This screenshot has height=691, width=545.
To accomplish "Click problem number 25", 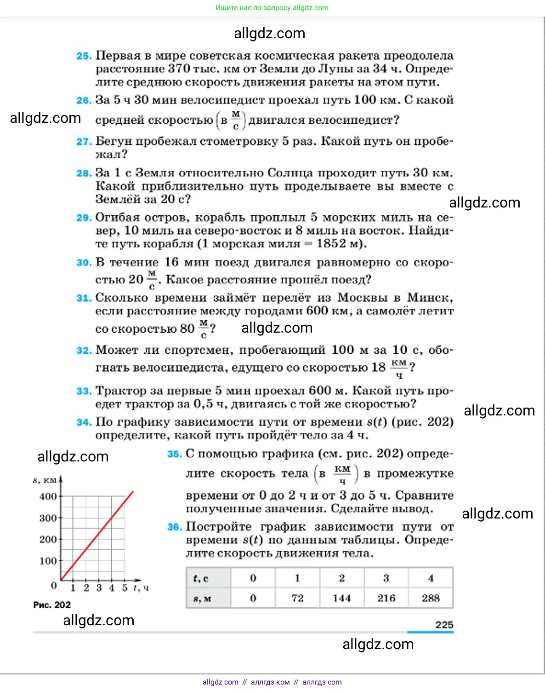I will tap(84, 56).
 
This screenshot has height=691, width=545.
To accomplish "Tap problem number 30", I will tap(84, 263).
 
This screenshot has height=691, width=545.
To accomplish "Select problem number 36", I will tap(174, 527).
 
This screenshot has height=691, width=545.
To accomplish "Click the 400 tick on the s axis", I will tap(48, 496).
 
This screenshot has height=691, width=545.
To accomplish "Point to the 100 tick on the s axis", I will tap(48, 561).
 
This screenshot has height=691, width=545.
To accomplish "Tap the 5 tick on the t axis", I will tap(125, 587).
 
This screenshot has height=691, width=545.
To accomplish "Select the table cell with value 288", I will tap(431, 598).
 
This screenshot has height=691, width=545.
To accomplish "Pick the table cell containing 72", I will tap(297, 598).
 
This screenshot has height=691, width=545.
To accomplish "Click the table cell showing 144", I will tap(341, 598).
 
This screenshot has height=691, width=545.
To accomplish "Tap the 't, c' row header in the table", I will tap(201, 578).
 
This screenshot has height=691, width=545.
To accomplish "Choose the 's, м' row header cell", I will tap(202, 599).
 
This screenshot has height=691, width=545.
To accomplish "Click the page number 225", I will tap(444, 625).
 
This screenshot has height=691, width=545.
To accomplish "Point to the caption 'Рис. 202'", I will tap(51, 605).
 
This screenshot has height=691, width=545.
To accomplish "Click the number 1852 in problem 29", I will tap(331, 244).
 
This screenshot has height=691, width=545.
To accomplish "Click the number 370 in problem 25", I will tap(179, 69).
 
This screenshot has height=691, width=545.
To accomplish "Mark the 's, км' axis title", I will tap(45, 480).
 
